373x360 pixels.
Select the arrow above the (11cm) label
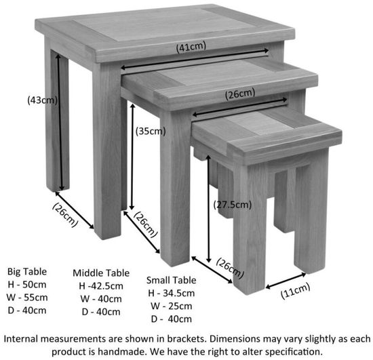pyautogui.click(x=284, y=280)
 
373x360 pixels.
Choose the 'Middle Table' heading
pyautogui.click(x=101, y=273)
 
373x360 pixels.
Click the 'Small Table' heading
pyautogui.click(x=172, y=279)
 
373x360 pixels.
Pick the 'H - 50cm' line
pyautogui.click(x=27, y=283)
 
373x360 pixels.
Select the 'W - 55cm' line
pyautogui.click(x=27, y=296)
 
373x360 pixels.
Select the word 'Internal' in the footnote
pyautogui.click(x=23, y=338)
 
